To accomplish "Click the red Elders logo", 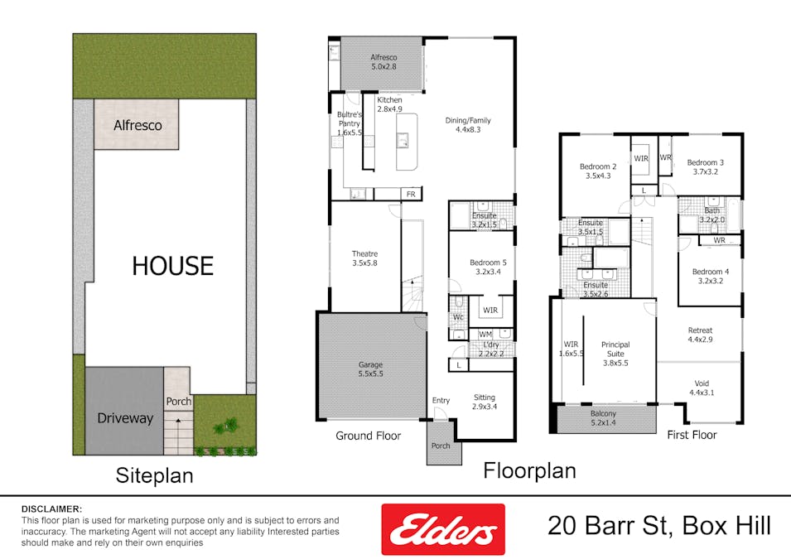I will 442,528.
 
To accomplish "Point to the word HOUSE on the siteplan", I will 172,266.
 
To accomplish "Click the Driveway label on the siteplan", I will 124,418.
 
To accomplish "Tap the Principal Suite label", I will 615,354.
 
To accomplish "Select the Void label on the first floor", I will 700,387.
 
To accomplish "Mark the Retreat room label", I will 700,334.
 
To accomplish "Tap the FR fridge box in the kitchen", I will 410,194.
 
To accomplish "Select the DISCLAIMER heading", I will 51,508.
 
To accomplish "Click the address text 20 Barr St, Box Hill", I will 659,526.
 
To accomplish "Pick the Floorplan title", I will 529,470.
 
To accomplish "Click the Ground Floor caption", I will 368,436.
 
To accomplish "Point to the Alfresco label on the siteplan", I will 137,125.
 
